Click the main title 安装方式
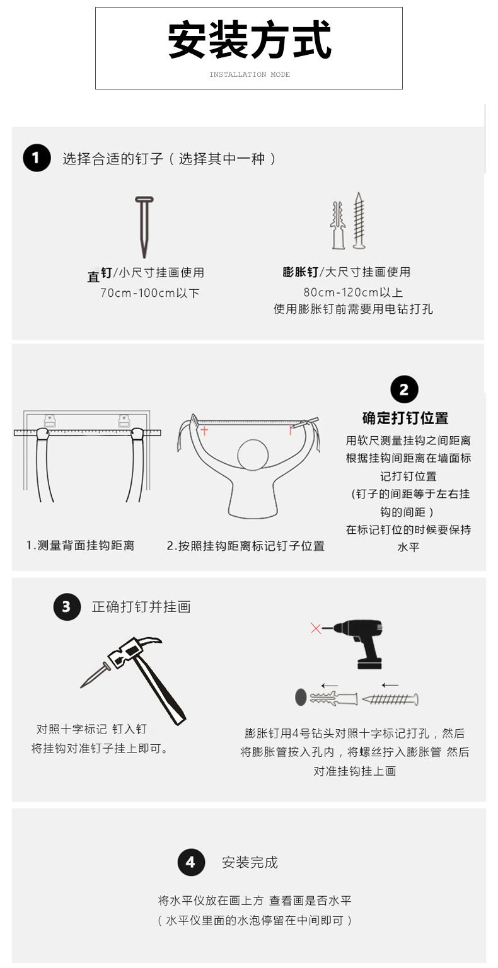250,40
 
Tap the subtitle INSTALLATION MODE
250,74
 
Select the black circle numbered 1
37,158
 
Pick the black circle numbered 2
404,389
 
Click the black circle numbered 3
67,607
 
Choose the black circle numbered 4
191,862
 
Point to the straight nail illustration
144,227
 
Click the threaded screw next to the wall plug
359,221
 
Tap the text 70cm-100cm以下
149,293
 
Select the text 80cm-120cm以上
353,292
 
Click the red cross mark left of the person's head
204,430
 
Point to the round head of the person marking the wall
253,454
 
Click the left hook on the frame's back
50,420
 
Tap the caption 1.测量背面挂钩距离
81,545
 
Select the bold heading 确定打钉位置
405,418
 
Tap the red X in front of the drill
316,628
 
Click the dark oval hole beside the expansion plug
301,697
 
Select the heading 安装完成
250,863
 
